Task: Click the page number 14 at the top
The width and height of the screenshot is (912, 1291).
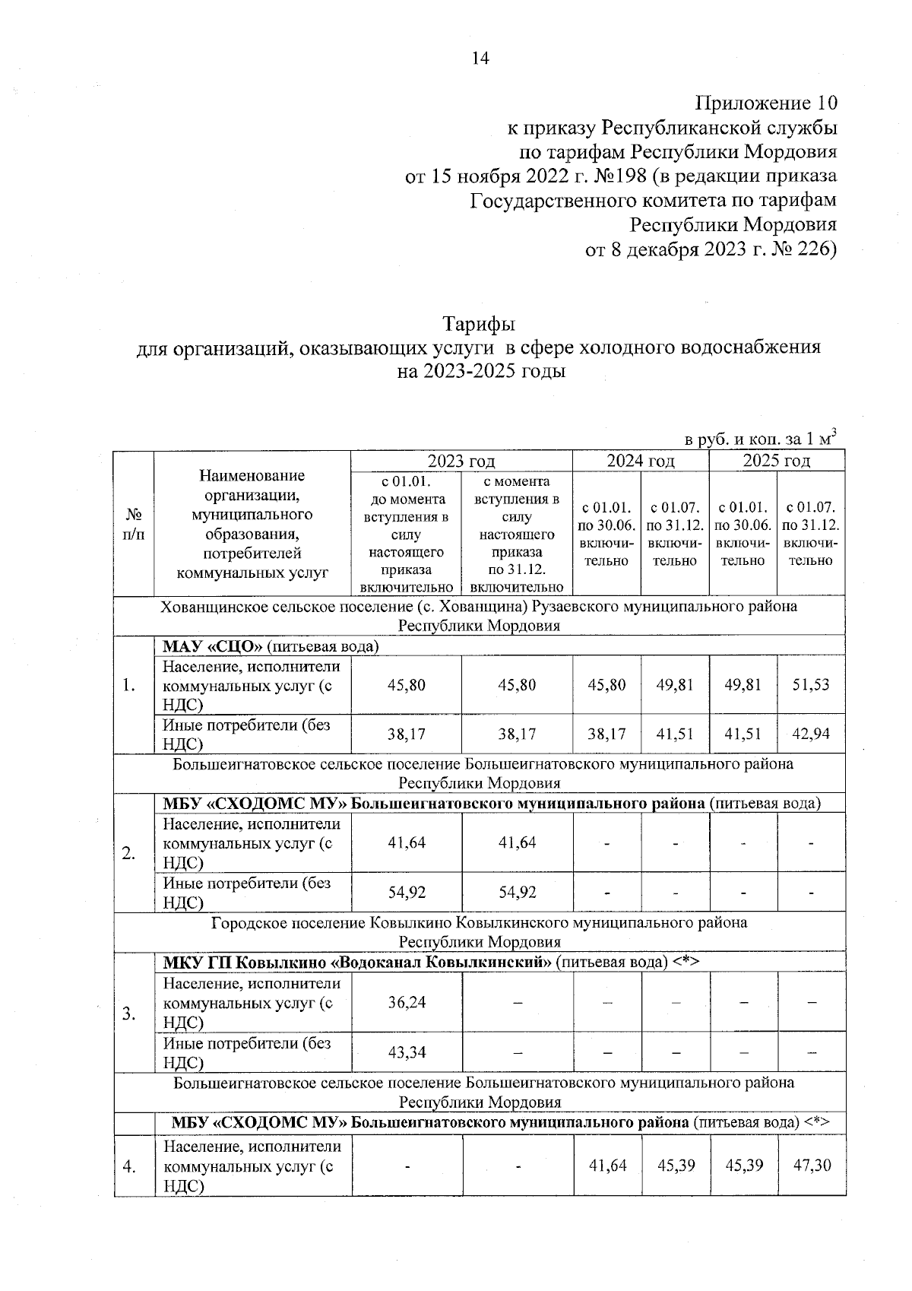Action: pos(480,59)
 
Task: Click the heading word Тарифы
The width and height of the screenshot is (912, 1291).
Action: pos(480,323)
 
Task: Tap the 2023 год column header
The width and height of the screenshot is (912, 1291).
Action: pos(461,461)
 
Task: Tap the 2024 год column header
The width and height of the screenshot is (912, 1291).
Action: pos(640,461)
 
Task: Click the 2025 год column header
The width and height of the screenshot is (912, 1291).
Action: pos(776,461)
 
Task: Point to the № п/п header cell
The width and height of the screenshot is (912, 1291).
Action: pos(134,524)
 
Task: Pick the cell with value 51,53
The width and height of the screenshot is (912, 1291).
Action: pos(811,684)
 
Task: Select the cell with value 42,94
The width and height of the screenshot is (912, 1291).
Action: pos(811,734)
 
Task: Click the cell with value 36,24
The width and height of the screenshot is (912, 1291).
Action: pos(407,1002)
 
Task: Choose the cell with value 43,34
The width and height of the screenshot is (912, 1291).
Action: pos(407,1052)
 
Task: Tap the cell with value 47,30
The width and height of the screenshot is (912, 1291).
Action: pos(811,1165)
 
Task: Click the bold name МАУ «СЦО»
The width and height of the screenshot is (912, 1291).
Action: pos(213,647)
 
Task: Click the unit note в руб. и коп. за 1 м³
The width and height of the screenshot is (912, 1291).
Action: pos(760,439)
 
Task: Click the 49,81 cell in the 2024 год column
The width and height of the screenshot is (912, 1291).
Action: pos(675,684)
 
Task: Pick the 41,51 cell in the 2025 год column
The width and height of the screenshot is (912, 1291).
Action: pos(743,734)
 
